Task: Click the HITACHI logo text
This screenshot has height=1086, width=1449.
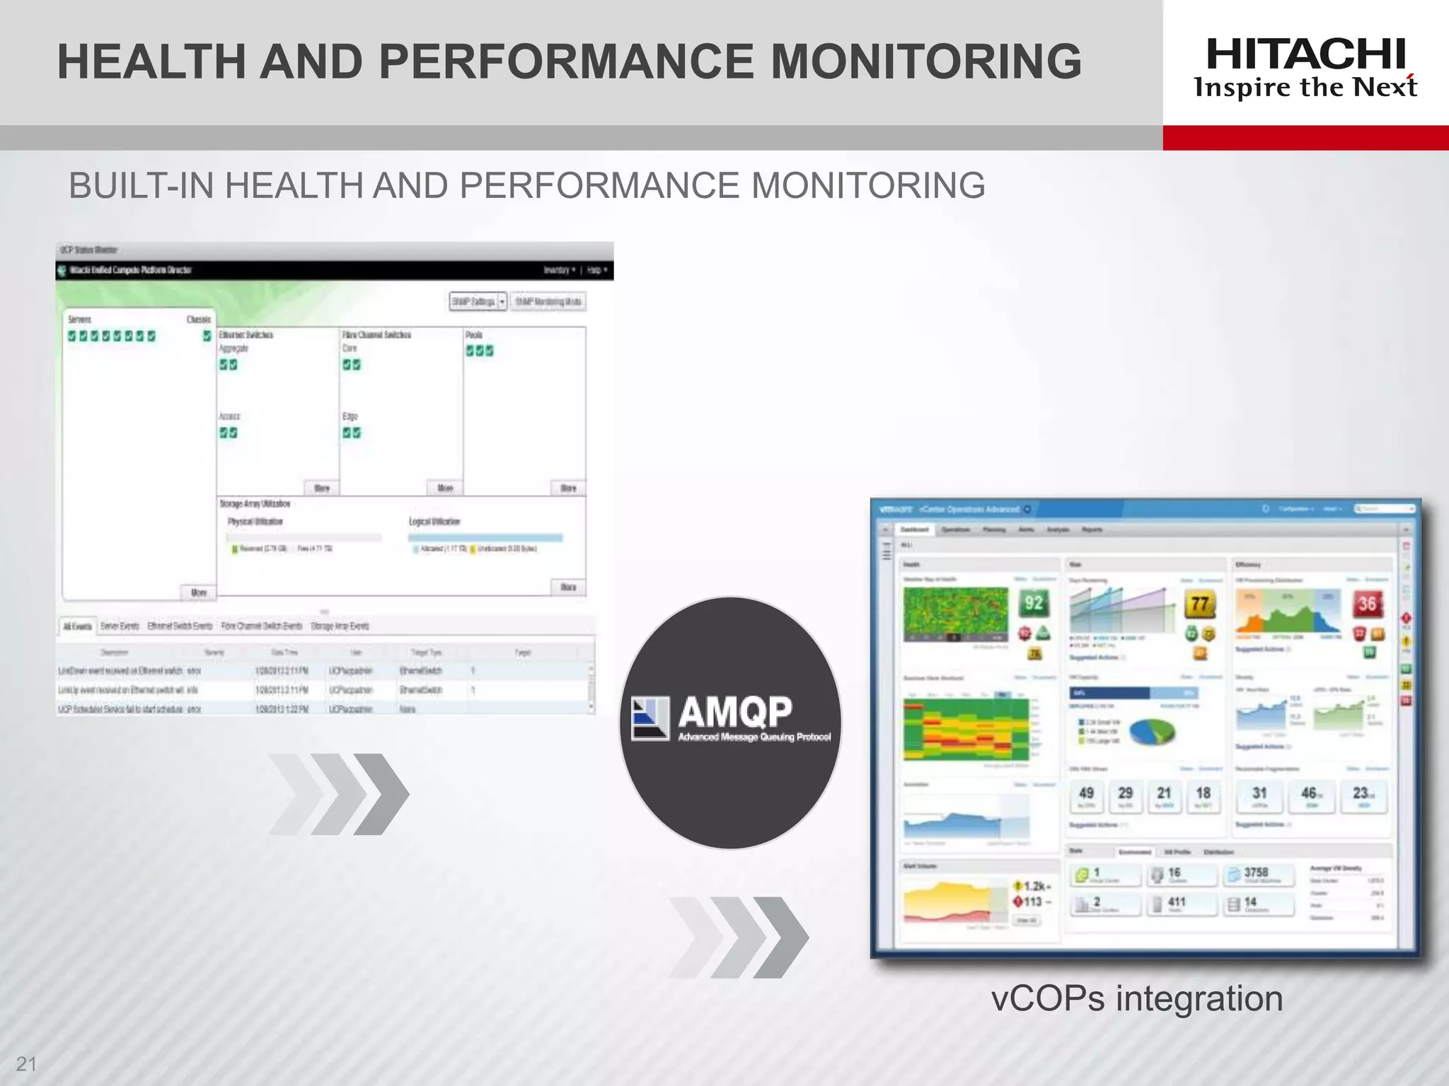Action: click(1305, 54)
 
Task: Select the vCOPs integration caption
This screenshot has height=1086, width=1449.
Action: click(1136, 998)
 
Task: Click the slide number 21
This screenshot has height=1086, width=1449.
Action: click(26, 1063)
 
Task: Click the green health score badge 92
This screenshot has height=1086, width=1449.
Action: click(1034, 603)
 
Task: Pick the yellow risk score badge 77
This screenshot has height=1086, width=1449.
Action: click(1200, 604)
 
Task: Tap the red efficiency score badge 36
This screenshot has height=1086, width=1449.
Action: click(1367, 604)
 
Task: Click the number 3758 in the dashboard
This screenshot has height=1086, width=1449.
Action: click(1256, 872)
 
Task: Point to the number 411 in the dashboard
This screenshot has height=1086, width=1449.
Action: click(1176, 902)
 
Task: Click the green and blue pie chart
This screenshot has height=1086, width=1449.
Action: click(1151, 732)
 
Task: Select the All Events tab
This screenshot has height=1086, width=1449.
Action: click(77, 626)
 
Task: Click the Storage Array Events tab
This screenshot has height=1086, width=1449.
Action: click(340, 626)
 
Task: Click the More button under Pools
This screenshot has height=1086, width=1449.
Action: click(568, 488)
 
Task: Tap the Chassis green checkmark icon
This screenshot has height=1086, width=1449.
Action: click(207, 336)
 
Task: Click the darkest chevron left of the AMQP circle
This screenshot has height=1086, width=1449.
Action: click(382, 793)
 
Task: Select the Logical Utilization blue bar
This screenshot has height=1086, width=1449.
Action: click(485, 538)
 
